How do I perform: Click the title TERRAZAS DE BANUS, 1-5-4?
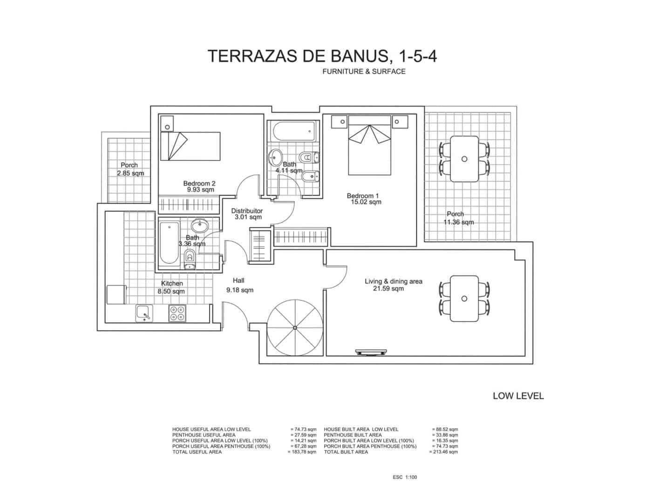point(322,56)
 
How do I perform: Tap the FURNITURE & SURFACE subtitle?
point(364,72)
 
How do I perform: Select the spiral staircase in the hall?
point(294,327)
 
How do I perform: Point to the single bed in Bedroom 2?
point(190,146)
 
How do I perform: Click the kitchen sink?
point(144,313)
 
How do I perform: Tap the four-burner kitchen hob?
point(177,313)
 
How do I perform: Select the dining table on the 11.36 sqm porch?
point(464,159)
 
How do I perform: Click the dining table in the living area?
point(464,298)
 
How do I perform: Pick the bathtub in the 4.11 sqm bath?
point(294,131)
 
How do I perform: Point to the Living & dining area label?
point(393,281)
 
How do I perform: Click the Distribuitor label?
point(247,211)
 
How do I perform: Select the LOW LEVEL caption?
point(518,396)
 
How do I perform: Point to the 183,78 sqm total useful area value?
point(302,452)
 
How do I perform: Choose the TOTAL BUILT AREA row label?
point(346,452)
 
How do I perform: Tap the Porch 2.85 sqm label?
point(130,169)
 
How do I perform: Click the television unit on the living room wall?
point(371,352)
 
